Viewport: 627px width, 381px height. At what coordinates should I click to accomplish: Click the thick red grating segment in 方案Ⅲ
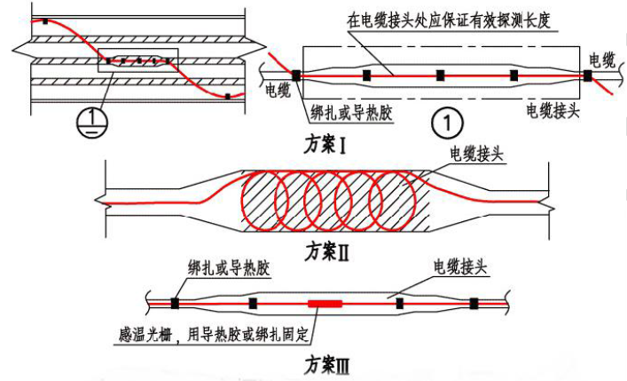click(325, 304)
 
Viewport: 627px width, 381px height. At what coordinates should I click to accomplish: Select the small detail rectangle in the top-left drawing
click(137, 60)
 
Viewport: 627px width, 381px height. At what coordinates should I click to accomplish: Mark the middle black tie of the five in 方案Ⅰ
click(440, 75)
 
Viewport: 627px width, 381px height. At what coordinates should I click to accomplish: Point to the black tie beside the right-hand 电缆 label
click(587, 75)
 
